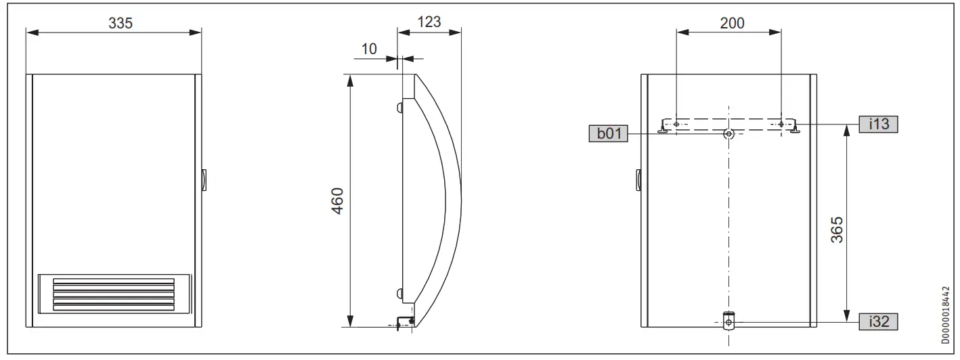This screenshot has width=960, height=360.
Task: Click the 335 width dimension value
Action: [x=121, y=22]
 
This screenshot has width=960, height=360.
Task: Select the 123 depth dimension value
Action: [x=429, y=21]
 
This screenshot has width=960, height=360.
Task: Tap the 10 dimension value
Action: [x=369, y=50]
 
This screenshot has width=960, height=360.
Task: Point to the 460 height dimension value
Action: [x=336, y=201]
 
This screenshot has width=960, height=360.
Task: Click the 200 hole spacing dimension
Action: [x=731, y=22]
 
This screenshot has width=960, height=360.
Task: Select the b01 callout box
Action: [x=608, y=134]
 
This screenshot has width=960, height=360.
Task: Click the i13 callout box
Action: [x=878, y=124]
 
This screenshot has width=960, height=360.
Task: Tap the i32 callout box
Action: [x=878, y=322]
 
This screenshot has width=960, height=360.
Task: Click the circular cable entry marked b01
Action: [x=728, y=134]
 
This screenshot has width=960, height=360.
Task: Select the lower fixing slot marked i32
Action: [x=728, y=321]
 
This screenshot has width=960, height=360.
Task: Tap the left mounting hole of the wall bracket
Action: [x=677, y=124]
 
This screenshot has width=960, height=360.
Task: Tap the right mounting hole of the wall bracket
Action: [x=781, y=124]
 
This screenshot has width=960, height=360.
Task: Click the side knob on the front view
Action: [x=204, y=180]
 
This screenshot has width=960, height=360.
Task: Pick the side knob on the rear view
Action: [x=638, y=180]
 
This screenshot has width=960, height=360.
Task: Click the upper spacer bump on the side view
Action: [x=399, y=108]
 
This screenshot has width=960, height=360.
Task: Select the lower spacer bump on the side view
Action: [x=399, y=293]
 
